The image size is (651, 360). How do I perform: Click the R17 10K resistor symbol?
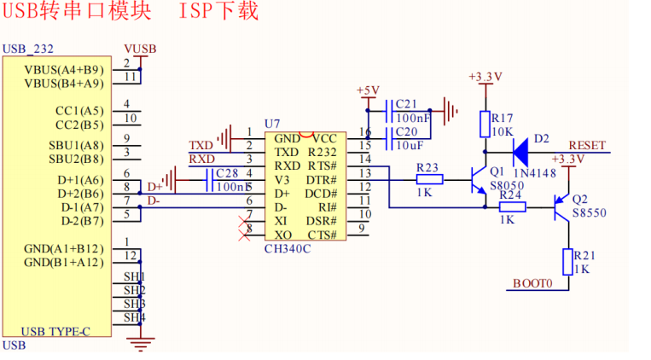(x=485, y=125)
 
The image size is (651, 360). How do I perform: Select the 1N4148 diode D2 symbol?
(x=520, y=153)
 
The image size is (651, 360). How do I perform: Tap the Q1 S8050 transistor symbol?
(x=480, y=180)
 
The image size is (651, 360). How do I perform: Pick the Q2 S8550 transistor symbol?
(x=561, y=207)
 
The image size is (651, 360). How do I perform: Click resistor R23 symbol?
(x=430, y=180)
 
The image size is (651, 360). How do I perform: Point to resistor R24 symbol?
(x=512, y=207)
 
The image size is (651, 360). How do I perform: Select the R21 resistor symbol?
(x=568, y=262)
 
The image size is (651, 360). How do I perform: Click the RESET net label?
(x=587, y=145)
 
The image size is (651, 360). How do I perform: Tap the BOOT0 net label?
(x=532, y=283)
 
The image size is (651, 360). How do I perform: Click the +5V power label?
(x=368, y=90)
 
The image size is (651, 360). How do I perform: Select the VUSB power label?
(x=140, y=49)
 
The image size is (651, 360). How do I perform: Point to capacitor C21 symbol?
(x=389, y=111)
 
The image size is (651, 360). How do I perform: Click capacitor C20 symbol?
(x=389, y=138)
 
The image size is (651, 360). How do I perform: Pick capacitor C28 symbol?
(x=210, y=180)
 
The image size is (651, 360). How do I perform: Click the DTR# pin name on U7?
(x=322, y=180)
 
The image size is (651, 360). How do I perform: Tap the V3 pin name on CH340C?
(x=282, y=180)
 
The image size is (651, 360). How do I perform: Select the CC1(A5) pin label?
(x=79, y=111)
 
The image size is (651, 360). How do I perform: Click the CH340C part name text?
(x=288, y=249)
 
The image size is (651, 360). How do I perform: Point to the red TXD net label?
(x=201, y=145)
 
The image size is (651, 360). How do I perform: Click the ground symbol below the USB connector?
(x=140, y=345)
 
